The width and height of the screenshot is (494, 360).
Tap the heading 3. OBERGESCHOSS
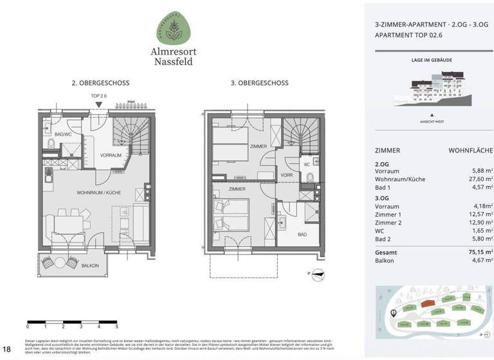(260, 83)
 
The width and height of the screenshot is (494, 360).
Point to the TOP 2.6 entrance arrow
(98, 104)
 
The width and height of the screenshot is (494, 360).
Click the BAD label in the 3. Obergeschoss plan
(302, 235)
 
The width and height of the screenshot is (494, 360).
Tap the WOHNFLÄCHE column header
(470, 150)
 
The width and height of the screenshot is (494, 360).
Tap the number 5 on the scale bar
(116, 327)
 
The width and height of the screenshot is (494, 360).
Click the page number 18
(7, 349)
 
